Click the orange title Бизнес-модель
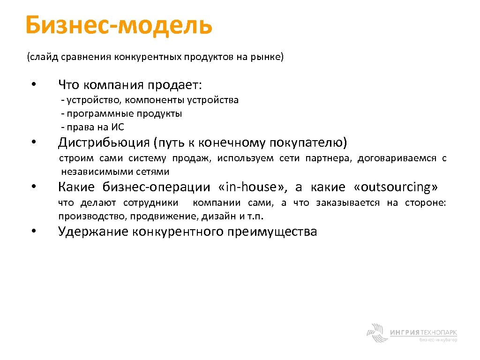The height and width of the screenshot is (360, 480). (x=119, y=26)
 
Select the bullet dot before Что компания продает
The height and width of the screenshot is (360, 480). (x=33, y=85)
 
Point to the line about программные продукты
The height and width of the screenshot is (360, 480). (x=121, y=113)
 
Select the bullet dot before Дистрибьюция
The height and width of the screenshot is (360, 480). (x=33, y=142)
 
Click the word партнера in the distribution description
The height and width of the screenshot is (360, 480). (x=328, y=158)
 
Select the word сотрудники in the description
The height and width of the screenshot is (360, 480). (x=150, y=203)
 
